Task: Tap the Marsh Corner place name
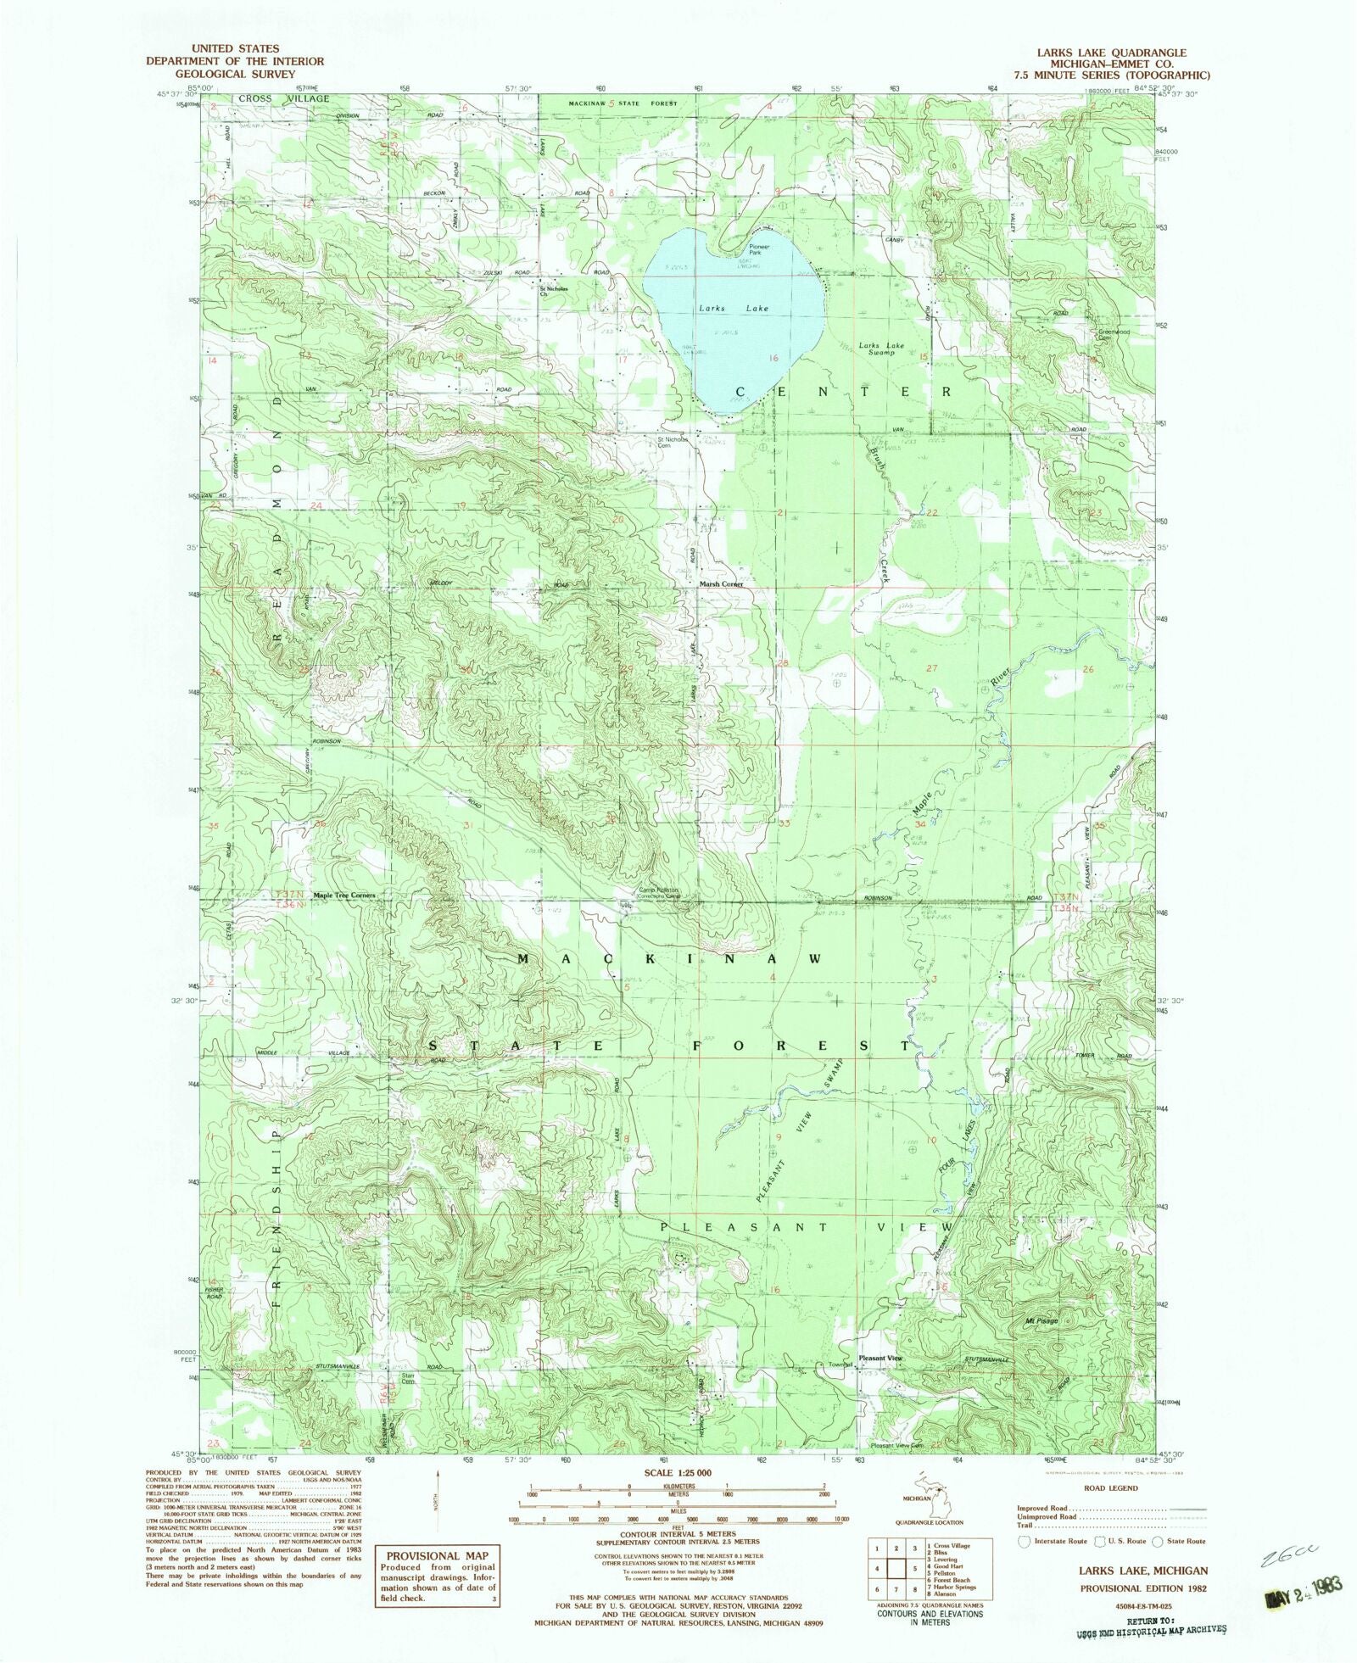(x=721, y=584)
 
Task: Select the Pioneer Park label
(x=759, y=249)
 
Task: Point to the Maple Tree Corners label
(x=343, y=896)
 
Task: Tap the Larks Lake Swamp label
(x=881, y=349)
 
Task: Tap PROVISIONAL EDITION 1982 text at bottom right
(x=1142, y=1587)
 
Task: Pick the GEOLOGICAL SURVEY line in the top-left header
(x=234, y=74)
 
